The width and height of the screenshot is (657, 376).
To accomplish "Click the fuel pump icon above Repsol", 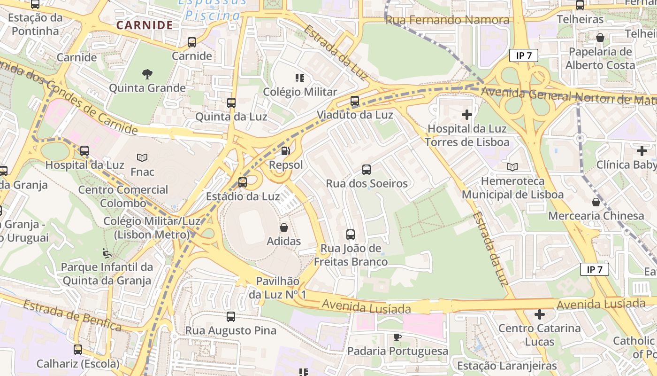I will tap(285, 151).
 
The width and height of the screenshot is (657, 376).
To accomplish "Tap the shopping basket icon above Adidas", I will tap(284, 227).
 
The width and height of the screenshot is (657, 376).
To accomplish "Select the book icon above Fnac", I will tap(142, 157).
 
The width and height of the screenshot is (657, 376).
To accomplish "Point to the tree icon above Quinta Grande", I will tap(147, 74).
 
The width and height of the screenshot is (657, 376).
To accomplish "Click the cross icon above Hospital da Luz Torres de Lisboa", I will tap(467, 114).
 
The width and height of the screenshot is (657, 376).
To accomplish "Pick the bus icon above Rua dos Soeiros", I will tap(367, 169).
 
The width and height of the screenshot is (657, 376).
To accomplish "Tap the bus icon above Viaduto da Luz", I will tap(355, 101).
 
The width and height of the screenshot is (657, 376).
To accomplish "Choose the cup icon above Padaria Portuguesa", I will tap(397, 337).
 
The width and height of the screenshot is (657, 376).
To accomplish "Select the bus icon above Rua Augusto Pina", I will tap(231, 316).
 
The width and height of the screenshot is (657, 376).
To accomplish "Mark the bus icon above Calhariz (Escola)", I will tap(78, 350).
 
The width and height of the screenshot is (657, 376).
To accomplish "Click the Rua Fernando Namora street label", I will tap(447, 20).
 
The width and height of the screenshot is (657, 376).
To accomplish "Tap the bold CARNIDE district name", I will tap(145, 25).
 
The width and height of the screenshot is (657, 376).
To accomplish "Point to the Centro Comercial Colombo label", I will tap(123, 196).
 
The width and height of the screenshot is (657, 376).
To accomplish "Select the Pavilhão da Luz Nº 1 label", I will tap(277, 288).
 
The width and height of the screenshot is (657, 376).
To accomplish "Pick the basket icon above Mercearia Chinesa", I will tap(596, 202).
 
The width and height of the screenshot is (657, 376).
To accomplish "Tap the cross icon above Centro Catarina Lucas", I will tap(540, 314).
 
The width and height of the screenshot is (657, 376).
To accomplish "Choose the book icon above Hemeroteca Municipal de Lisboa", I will tap(512, 167).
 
